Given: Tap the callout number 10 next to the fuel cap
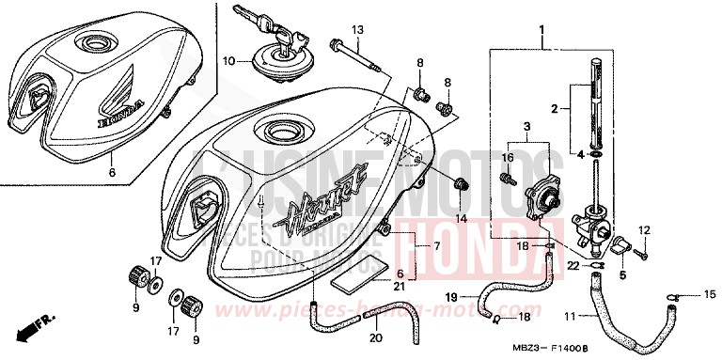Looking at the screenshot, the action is coord(228,61).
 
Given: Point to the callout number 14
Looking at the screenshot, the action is coord(461,218).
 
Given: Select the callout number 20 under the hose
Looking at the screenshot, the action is coord(376,337).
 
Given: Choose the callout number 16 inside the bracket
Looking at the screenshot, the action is coord(509,158).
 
